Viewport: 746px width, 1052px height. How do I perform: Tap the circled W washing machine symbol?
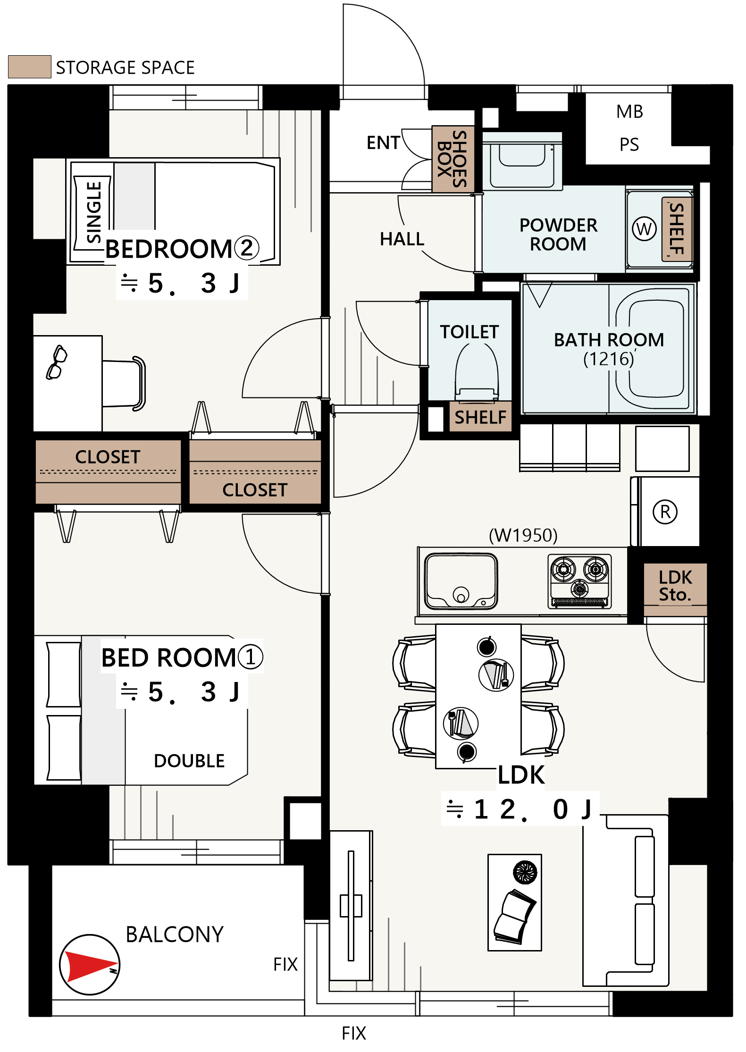point(644,229)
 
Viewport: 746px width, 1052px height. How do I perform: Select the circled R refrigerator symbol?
point(665,512)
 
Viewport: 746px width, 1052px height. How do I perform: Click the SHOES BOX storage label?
point(453,159)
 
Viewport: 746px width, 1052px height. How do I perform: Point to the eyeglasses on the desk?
point(56,362)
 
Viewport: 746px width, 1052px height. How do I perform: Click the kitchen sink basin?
point(461,581)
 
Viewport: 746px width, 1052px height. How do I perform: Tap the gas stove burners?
point(580,581)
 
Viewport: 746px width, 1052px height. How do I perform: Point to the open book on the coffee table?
point(514,916)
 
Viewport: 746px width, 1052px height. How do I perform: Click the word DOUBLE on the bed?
point(189,761)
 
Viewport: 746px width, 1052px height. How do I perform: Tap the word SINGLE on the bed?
point(94,212)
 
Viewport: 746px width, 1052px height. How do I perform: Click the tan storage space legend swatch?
point(30,67)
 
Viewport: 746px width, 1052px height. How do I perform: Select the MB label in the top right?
point(629,112)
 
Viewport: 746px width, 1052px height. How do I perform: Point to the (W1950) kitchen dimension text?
point(523,535)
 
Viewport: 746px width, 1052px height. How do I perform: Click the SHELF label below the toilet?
point(480,417)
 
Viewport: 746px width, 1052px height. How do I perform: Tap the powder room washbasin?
point(522,162)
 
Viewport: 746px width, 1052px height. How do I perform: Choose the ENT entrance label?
point(383,143)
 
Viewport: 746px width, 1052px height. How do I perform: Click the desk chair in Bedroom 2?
point(124,384)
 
